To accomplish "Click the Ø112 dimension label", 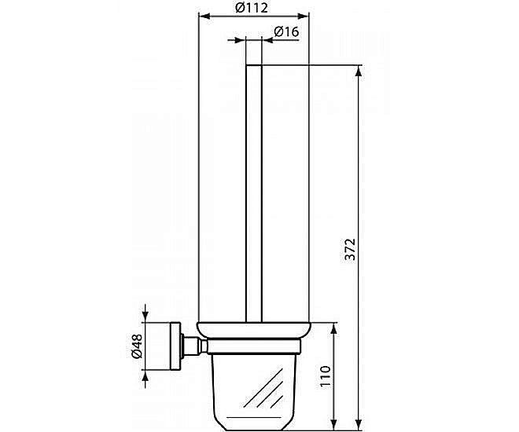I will pyautogui.click(x=252, y=8).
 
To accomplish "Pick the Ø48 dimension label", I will pyautogui.click(x=136, y=346).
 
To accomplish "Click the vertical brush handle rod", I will pyautogui.click(x=253, y=189).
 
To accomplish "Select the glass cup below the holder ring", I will pyautogui.click(x=253, y=385).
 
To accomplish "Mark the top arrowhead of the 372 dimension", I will pyautogui.click(x=359, y=71).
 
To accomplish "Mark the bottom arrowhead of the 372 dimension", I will pyautogui.click(x=359, y=424).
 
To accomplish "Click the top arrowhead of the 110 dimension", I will pyautogui.click(x=336, y=327).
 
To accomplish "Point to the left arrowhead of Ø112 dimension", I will pyautogui.click(x=201, y=16).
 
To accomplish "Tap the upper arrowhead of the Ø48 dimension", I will pyautogui.click(x=146, y=315).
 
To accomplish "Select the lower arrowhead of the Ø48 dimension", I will pyautogui.click(x=146, y=376).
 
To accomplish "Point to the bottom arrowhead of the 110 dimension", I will pyautogui.click(x=336, y=424).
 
